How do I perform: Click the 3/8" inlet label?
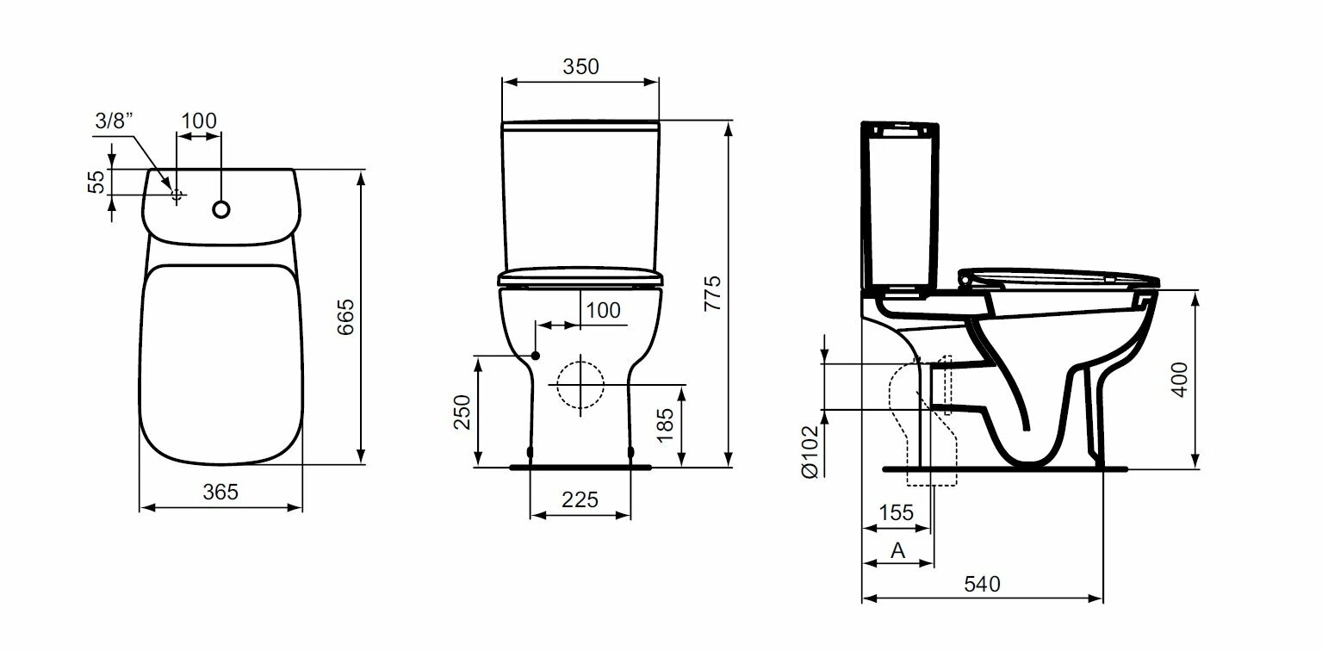click(114, 121)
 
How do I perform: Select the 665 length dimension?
click(346, 317)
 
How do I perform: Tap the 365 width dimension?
click(220, 492)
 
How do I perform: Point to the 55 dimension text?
click(96, 182)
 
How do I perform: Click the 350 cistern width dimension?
click(580, 66)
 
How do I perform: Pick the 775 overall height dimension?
click(713, 294)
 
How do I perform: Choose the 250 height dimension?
click(462, 412)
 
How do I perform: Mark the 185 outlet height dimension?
click(665, 425)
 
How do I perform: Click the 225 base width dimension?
click(580, 500)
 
